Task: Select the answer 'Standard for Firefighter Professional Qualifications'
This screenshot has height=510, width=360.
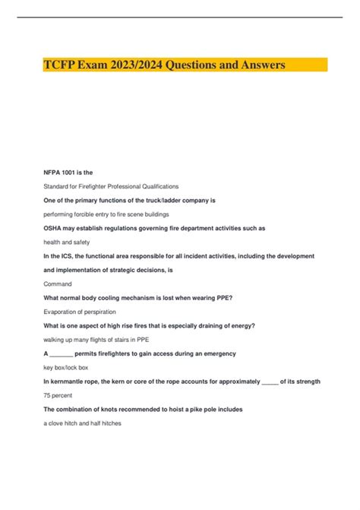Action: tap(111, 186)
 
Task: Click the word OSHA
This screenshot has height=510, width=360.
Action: tap(55, 228)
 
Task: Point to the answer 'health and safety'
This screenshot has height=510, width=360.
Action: tap(67, 242)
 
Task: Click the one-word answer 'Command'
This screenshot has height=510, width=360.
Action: tap(57, 284)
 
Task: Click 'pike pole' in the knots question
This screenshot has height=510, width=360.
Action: tap(194, 409)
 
